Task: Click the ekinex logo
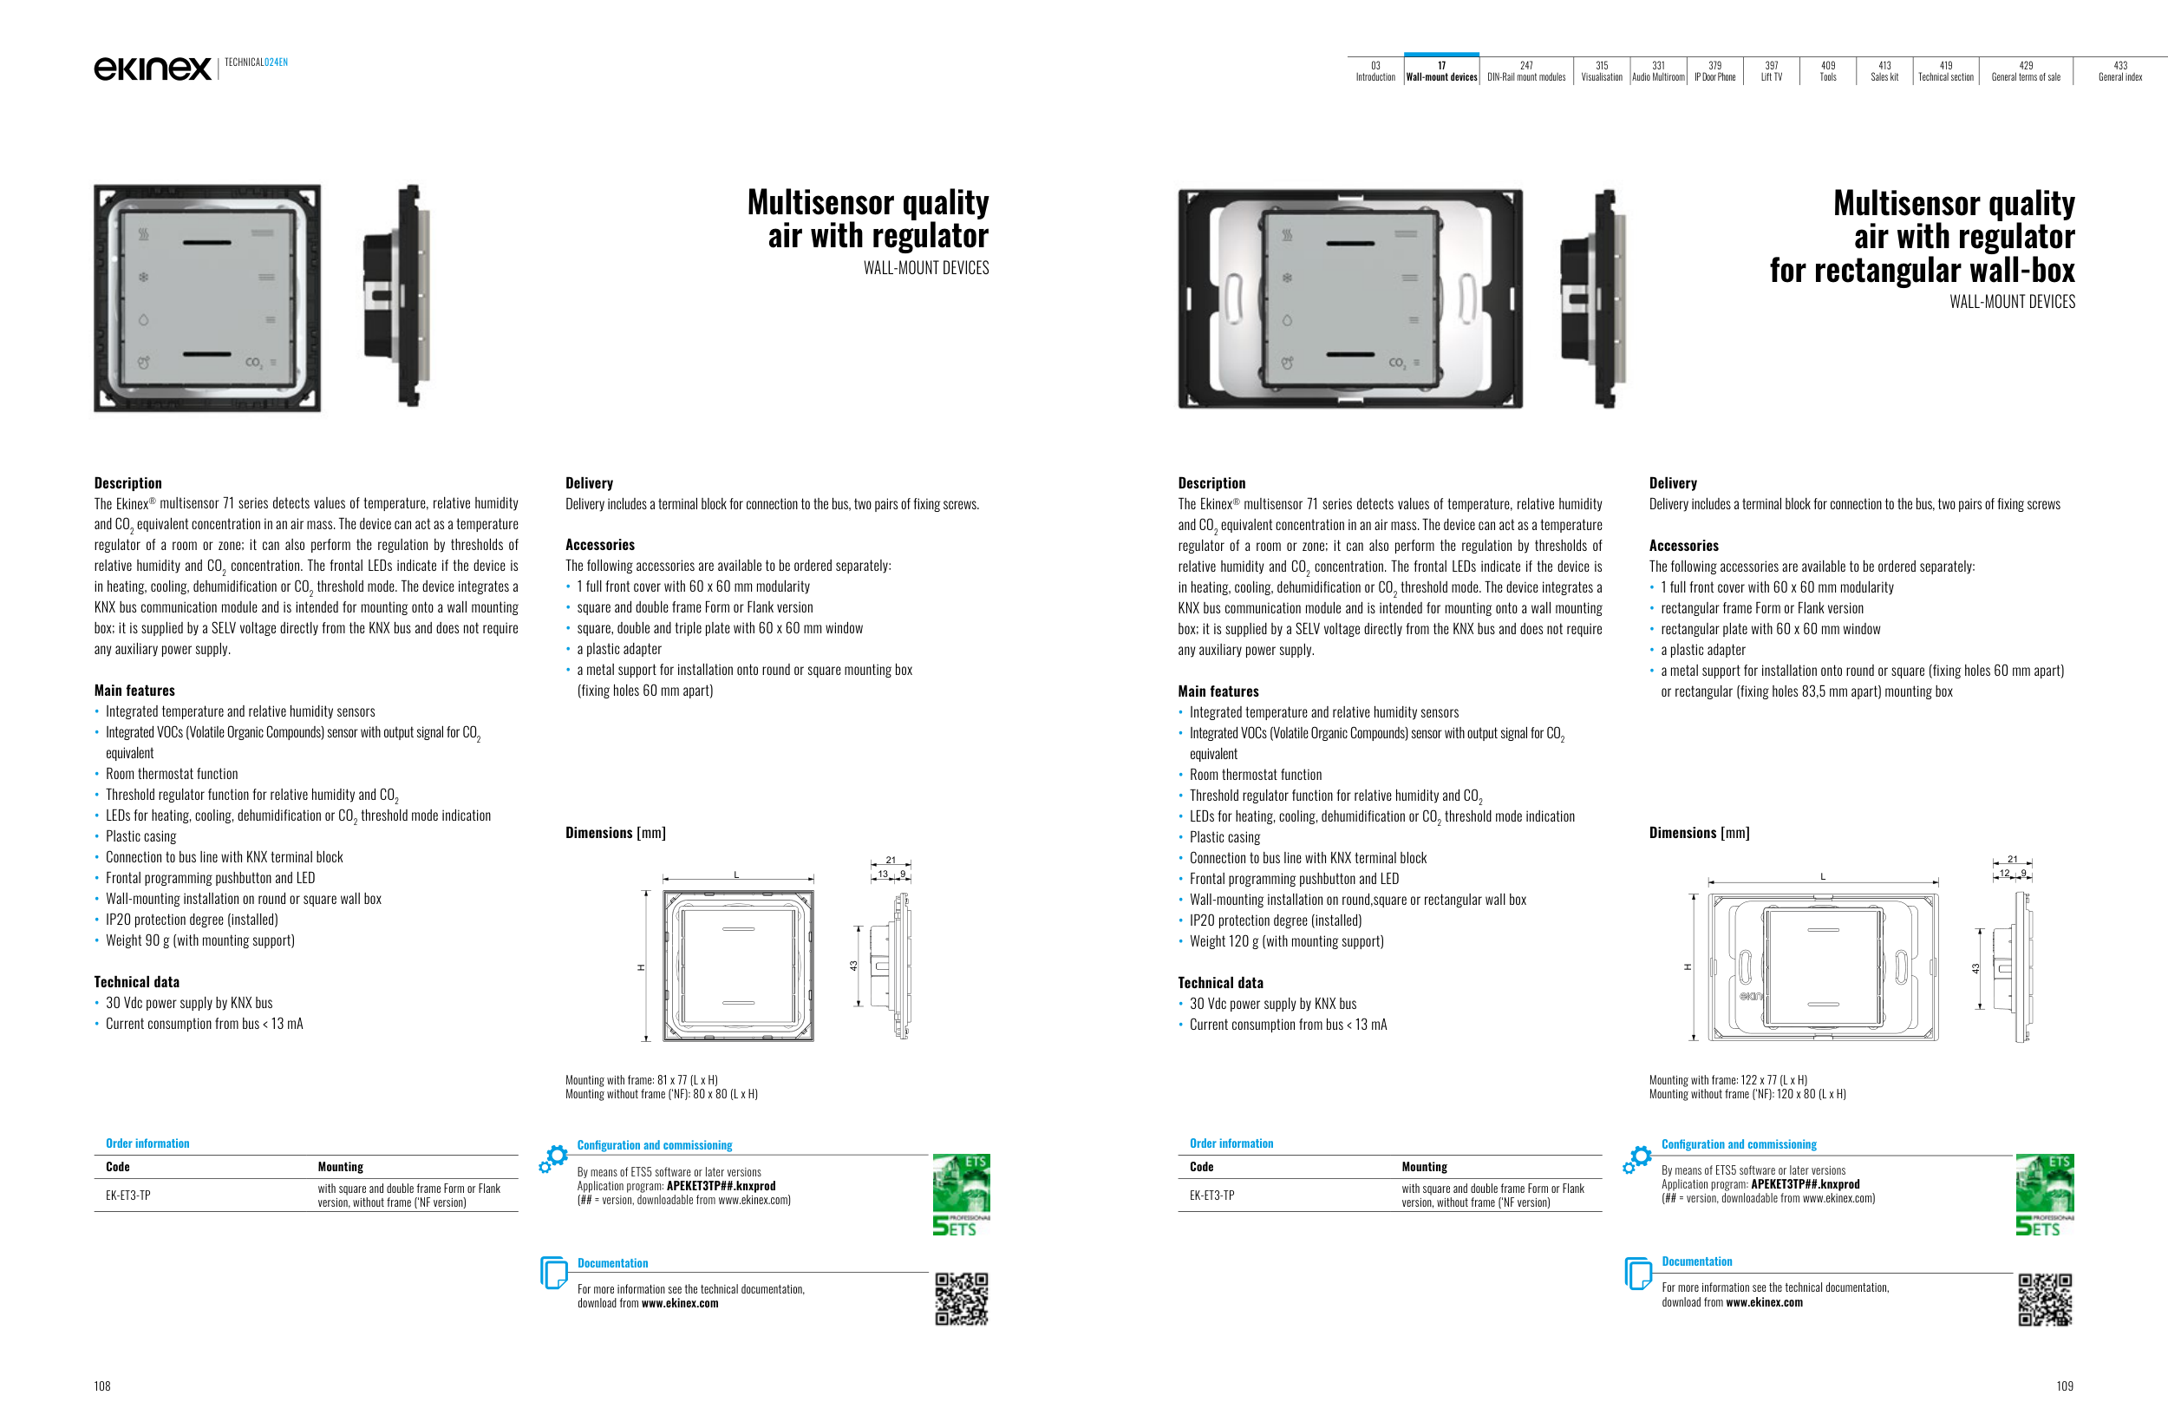coord(152,69)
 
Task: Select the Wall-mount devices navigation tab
coord(1441,71)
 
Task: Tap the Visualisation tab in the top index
coord(1602,71)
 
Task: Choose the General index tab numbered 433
coord(2119,71)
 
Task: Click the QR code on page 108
coord(961,1299)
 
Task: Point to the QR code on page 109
coord(2045,1299)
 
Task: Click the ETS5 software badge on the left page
coord(961,1195)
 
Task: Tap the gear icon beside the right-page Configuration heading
coord(1637,1158)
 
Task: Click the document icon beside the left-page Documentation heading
coord(554,1272)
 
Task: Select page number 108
coord(102,1386)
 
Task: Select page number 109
coord(2064,1386)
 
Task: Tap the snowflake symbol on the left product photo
coord(143,277)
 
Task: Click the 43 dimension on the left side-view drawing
coord(853,966)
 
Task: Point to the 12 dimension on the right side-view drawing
coord(2004,873)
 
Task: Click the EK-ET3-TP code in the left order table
coord(128,1196)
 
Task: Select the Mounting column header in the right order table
coord(1424,1167)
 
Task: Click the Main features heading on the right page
coord(1218,691)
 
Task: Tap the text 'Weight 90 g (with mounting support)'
coord(199,940)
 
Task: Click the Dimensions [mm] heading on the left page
coord(615,833)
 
